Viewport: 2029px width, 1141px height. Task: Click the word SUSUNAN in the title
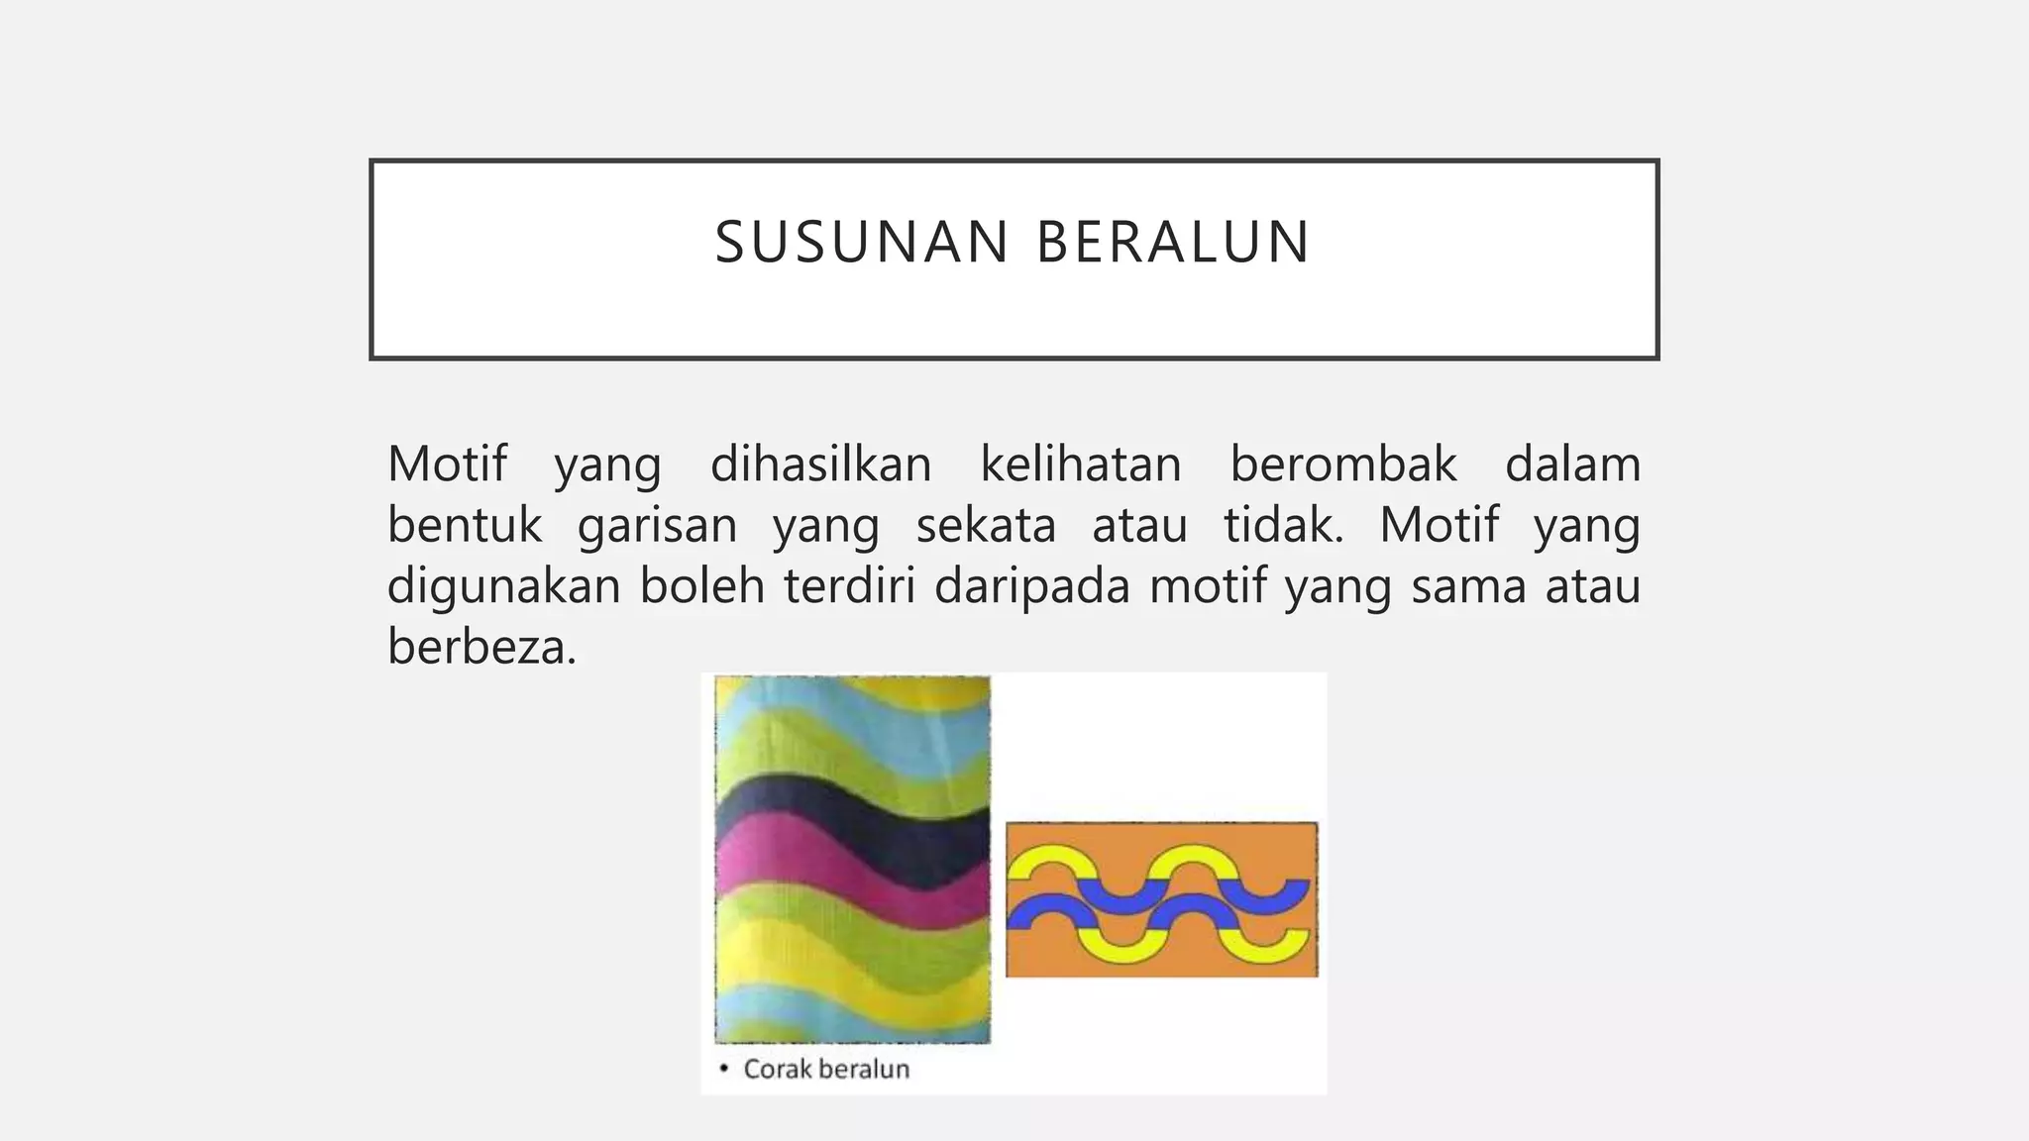coord(861,243)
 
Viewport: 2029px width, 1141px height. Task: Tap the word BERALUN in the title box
coord(1174,243)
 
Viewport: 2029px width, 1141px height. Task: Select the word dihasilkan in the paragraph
coord(820,465)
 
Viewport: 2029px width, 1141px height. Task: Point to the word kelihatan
coord(1081,465)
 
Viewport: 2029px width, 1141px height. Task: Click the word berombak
coord(1343,465)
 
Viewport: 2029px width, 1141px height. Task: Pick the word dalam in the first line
coord(1572,465)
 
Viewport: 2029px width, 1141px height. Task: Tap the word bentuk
coord(465,525)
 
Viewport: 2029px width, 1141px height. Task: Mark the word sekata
coord(986,525)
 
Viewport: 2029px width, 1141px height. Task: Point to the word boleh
coord(701,585)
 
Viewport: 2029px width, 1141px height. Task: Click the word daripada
coord(1031,587)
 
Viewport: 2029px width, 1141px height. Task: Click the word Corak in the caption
coord(777,1069)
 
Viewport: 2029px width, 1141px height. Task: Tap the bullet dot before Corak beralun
coord(724,1068)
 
